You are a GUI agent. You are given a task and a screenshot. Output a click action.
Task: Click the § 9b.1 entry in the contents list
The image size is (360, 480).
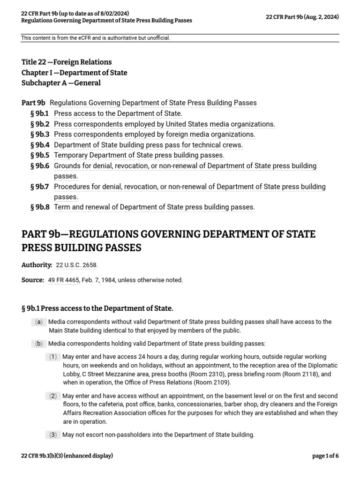click(x=39, y=113)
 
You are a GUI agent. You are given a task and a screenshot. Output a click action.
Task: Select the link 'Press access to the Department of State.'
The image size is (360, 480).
click(x=118, y=113)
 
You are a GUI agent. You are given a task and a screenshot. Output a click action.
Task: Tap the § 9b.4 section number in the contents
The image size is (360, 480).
click(x=39, y=145)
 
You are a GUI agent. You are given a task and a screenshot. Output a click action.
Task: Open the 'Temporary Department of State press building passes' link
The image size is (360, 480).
click(x=139, y=155)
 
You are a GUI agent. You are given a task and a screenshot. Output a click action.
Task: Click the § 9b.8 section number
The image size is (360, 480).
click(x=39, y=207)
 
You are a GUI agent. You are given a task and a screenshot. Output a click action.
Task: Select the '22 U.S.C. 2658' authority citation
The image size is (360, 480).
click(x=77, y=265)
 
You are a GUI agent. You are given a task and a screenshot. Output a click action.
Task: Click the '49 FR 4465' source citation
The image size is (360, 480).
click(x=63, y=280)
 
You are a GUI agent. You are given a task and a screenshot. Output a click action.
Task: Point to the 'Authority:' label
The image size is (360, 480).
click(x=37, y=265)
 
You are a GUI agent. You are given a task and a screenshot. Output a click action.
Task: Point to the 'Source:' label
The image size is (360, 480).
click(x=33, y=280)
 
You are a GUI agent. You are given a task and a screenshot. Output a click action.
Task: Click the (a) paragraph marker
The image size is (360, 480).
click(x=38, y=322)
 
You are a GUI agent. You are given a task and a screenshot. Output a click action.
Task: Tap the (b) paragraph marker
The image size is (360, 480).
click(x=38, y=344)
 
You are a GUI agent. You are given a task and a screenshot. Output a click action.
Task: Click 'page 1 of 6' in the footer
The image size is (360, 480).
click(x=325, y=456)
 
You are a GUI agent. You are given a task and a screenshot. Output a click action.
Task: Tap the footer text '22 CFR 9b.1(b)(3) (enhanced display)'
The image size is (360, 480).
click(x=67, y=456)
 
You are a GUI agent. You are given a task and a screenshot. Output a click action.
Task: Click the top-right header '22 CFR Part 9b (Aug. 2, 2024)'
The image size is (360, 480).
click(x=302, y=17)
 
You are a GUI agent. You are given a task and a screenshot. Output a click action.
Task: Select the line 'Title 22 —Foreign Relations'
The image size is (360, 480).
click(x=67, y=62)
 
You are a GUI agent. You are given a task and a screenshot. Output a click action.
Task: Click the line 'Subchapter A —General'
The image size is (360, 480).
click(x=61, y=83)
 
